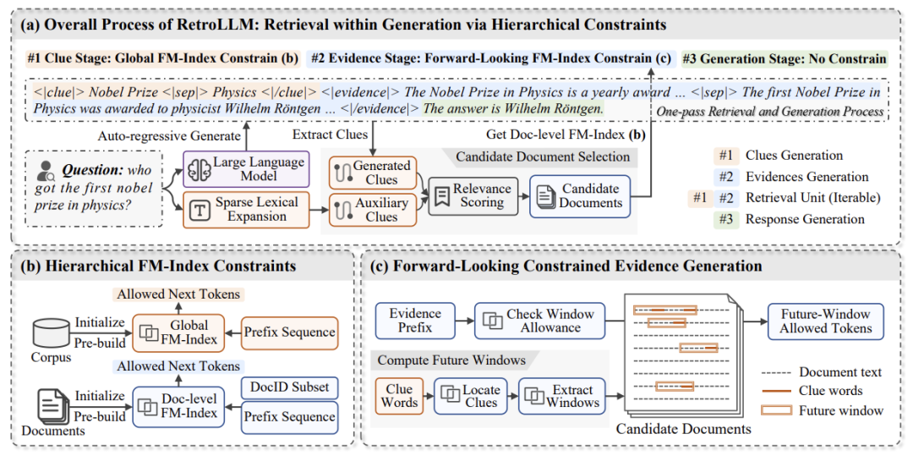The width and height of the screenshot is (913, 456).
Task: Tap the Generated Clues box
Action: coord(370,172)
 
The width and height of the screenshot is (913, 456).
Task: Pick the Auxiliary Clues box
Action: coord(370,209)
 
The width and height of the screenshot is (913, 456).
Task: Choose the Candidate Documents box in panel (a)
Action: coord(579,195)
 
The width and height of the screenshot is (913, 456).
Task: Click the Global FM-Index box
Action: coord(178,332)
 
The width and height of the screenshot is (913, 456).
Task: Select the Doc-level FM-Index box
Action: coord(178,406)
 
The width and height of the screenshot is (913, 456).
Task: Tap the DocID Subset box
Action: coord(290,387)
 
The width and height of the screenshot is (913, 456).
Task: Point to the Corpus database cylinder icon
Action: coord(50,331)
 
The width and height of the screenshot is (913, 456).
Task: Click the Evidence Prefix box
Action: coord(416,320)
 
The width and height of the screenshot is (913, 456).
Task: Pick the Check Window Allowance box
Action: coord(539,320)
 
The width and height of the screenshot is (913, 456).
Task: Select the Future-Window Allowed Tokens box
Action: coord(825,321)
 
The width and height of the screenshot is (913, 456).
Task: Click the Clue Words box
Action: coord(399,395)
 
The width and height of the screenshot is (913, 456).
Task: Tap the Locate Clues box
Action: coord(469,395)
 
